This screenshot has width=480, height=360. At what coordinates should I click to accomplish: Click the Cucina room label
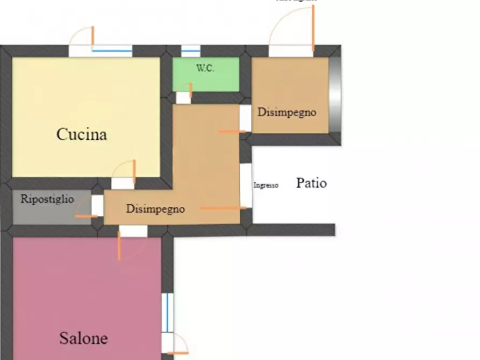coord(82,134)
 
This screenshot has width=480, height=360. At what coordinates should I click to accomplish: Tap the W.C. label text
coord(205,68)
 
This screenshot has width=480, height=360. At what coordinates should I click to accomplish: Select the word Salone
coord(83,339)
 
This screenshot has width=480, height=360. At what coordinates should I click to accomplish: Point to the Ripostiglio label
coord(47,199)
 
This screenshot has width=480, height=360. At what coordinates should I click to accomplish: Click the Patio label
coord(311,183)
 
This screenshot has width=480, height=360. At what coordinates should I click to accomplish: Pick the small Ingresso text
coord(266,185)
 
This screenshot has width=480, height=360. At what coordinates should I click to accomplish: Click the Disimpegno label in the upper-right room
coord(286,112)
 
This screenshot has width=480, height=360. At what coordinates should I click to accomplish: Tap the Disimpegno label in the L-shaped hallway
coord(155,209)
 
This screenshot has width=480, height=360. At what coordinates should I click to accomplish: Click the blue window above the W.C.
coord(191,51)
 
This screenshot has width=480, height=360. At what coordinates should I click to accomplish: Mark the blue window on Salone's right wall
coord(167,312)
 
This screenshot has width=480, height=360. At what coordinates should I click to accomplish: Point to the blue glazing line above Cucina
coord(112,51)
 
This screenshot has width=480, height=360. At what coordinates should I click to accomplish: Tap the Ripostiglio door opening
coord(97,205)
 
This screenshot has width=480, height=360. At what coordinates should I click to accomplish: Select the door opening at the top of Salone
coord(133,231)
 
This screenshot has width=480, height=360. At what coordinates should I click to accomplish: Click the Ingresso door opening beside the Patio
coord(246,185)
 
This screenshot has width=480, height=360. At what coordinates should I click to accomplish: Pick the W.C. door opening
coord(183,98)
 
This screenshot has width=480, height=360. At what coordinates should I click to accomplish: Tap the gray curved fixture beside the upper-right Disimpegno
coord(335,93)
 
